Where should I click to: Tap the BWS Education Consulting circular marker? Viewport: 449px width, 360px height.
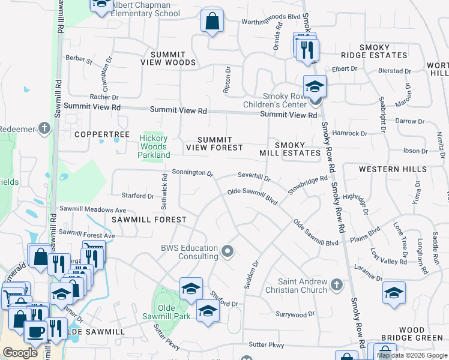click(227, 251)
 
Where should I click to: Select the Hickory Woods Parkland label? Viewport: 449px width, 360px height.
click(154, 146)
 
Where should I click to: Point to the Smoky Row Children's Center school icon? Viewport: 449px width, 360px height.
click(315, 86)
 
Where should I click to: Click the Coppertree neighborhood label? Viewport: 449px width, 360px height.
click(101, 134)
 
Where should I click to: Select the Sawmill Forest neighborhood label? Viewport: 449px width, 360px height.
click(149, 220)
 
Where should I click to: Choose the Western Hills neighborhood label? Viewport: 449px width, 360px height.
click(393, 169)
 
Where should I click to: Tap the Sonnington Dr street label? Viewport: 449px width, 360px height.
click(193, 173)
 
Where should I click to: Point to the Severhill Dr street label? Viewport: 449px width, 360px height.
click(254, 178)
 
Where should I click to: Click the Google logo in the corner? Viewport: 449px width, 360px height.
click(20, 353)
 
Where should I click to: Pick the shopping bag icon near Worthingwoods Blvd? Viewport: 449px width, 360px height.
click(212, 22)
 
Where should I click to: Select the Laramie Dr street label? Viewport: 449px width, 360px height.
click(368, 272)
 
